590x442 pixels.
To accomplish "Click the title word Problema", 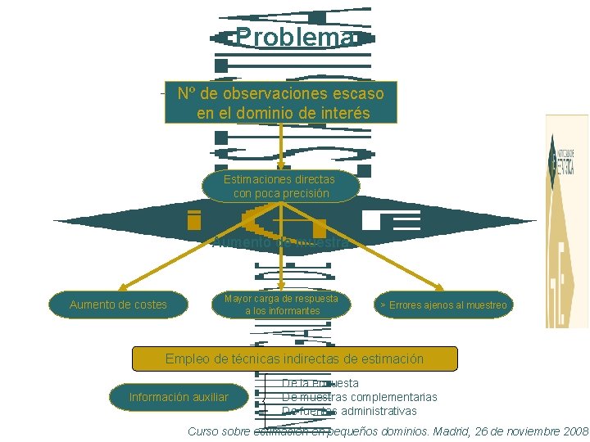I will pyautogui.click(x=295, y=38).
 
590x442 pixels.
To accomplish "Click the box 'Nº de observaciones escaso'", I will pyautogui.click(x=281, y=101).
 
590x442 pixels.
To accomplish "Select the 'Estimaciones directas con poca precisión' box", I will pyautogui.click(x=281, y=186).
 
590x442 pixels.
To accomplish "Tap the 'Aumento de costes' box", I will pyautogui.click(x=118, y=304).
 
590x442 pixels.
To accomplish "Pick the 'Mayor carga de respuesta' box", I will pyautogui.click(x=281, y=304).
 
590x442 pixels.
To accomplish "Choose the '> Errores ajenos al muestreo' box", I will pyautogui.click(x=442, y=305).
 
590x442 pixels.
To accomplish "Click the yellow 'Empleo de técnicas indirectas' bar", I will pyautogui.click(x=294, y=359).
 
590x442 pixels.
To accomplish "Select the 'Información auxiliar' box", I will pyautogui.click(x=179, y=397).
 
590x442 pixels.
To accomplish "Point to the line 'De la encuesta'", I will pyautogui.click(x=320, y=383).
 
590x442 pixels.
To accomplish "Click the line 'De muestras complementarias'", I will pyautogui.click(x=359, y=397).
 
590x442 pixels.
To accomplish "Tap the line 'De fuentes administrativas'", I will pyautogui.click(x=349, y=411).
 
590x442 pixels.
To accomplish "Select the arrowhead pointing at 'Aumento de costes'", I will pyautogui.click(x=122, y=287).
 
